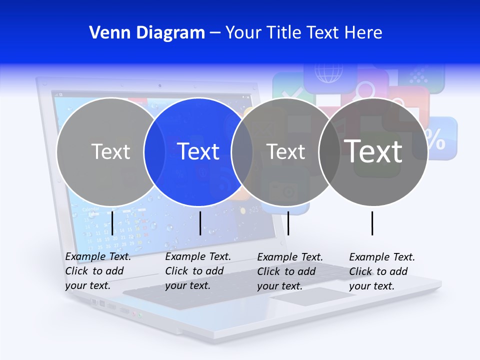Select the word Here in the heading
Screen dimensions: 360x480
click(363, 33)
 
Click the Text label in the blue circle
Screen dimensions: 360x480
click(198, 151)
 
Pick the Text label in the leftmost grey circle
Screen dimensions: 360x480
click(110, 151)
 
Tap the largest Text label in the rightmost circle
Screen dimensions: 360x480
click(373, 151)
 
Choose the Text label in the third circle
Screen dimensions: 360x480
click(286, 151)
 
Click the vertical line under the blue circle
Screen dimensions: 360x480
click(200, 223)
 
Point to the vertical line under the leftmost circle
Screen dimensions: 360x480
click(112, 223)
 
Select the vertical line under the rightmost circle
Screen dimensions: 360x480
click(372, 223)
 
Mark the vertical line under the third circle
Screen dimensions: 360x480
click(288, 223)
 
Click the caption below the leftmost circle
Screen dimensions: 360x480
click(97, 271)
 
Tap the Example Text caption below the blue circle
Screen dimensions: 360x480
click(197, 271)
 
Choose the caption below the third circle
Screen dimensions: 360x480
click(289, 271)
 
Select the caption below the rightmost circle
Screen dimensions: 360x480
click(381, 271)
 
